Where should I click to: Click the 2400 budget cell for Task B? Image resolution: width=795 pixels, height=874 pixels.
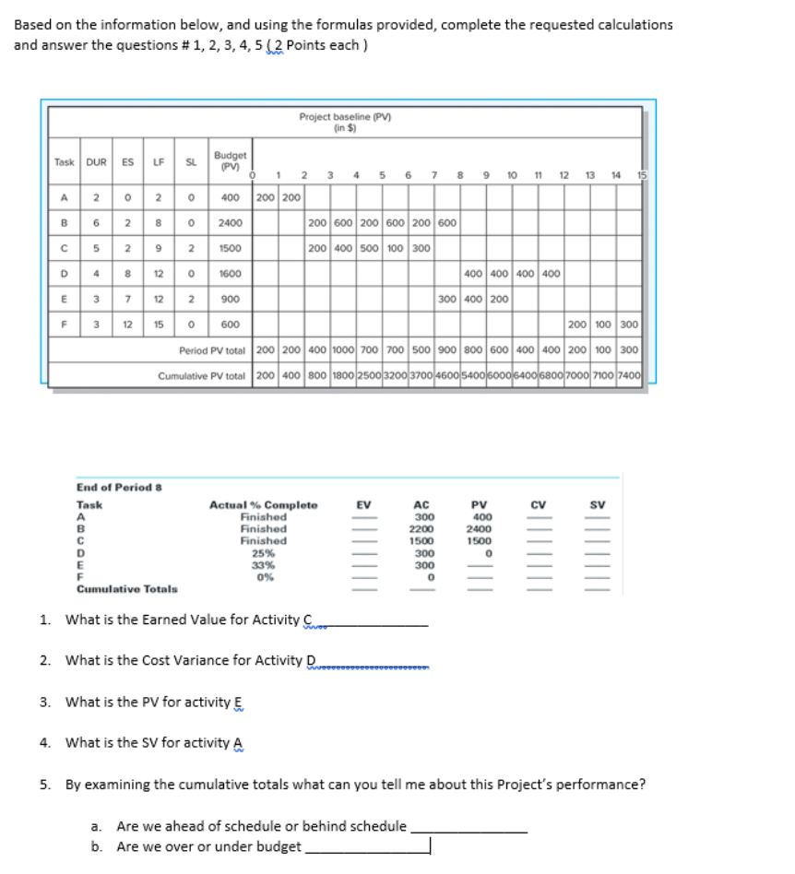pyautogui.click(x=230, y=222)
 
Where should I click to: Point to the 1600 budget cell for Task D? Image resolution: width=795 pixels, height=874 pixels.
pyautogui.click(x=230, y=274)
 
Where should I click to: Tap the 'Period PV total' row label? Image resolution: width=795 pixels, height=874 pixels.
pyautogui.click(x=212, y=351)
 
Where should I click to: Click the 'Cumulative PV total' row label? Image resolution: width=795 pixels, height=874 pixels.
pyautogui.click(x=202, y=376)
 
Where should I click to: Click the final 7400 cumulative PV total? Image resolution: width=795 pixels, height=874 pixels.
pyautogui.click(x=629, y=376)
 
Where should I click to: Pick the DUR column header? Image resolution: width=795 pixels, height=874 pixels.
pyautogui.click(x=96, y=162)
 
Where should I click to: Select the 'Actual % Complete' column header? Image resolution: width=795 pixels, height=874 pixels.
pyautogui.click(x=263, y=505)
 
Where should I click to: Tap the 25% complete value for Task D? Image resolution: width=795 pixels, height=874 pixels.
pyautogui.click(x=263, y=553)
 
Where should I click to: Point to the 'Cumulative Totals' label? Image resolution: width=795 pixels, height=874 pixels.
pyautogui.click(x=127, y=588)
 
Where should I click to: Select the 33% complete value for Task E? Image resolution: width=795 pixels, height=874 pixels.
pyautogui.click(x=263, y=565)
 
